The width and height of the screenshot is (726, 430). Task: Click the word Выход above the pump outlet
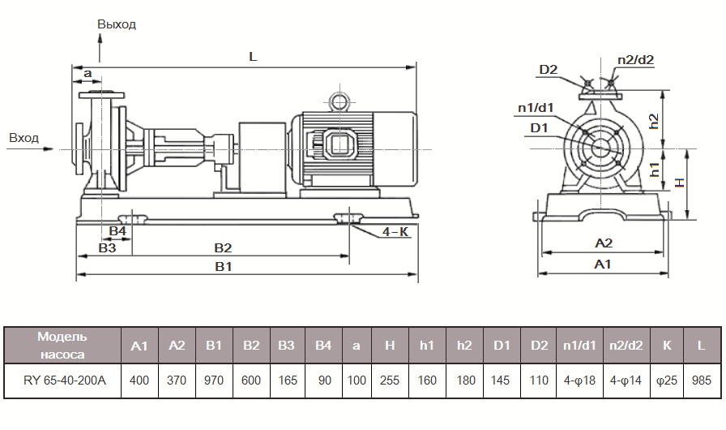pyautogui.click(x=117, y=24)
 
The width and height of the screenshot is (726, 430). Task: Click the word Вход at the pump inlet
pyautogui.click(x=23, y=138)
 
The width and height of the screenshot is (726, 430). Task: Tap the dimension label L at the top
pyautogui.click(x=253, y=58)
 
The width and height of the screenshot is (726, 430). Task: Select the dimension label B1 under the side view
pyautogui.click(x=223, y=267)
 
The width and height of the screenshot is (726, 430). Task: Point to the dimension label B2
pyautogui.click(x=223, y=247)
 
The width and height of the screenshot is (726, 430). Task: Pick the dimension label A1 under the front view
pyautogui.click(x=603, y=264)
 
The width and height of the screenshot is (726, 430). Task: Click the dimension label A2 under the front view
pyautogui.click(x=603, y=243)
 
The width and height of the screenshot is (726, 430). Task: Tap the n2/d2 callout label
pyautogui.click(x=635, y=60)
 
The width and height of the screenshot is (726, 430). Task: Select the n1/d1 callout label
pyautogui.click(x=536, y=107)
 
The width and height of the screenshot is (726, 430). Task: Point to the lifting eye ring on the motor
pyautogui.click(x=337, y=101)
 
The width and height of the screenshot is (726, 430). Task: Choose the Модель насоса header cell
pyautogui.click(x=62, y=345)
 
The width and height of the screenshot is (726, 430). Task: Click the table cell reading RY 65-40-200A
pyautogui.click(x=62, y=380)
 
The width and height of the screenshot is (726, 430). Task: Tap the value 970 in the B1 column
pyautogui.click(x=214, y=380)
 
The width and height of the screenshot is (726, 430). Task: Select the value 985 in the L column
pyautogui.click(x=701, y=380)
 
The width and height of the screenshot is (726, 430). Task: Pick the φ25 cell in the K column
pyautogui.click(x=666, y=380)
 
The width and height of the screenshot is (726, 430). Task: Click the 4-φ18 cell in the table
pyautogui.click(x=578, y=380)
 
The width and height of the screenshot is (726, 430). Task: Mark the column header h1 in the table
pyautogui.click(x=427, y=346)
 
